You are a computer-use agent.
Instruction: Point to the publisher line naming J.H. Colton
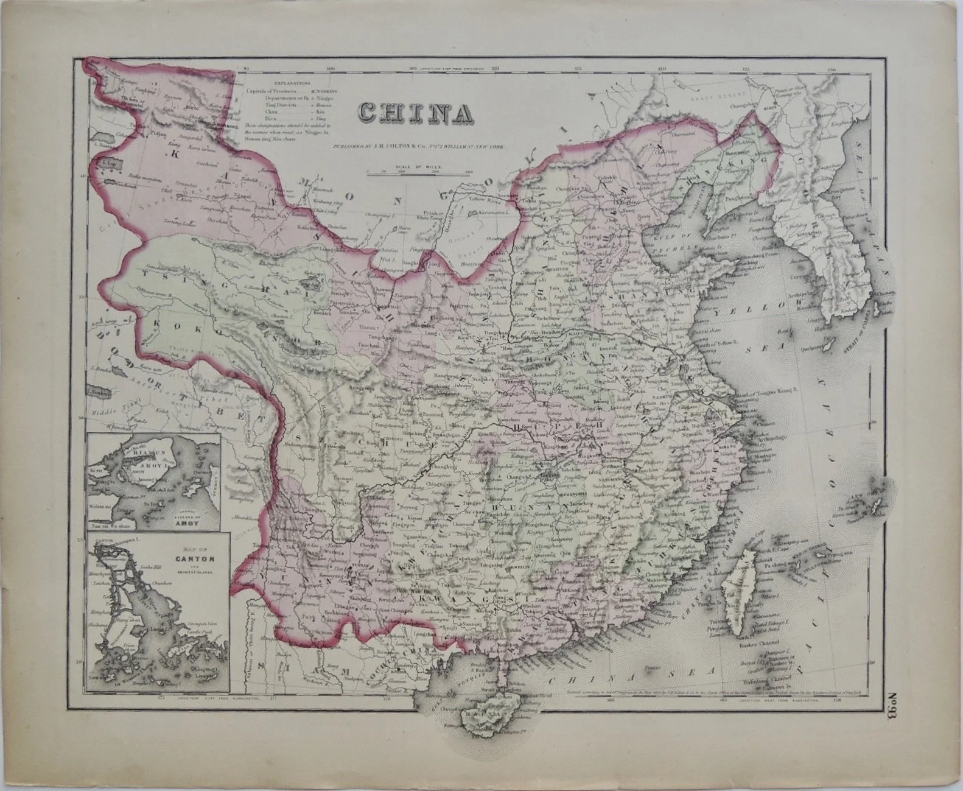419,146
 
